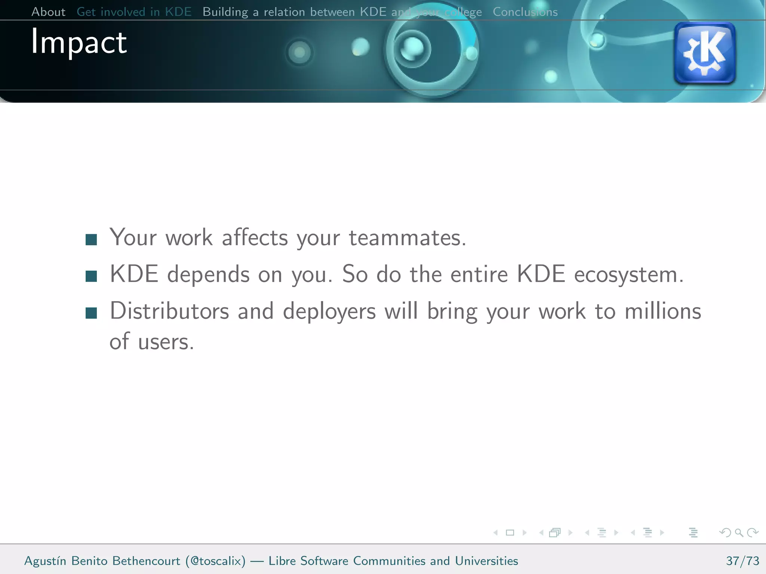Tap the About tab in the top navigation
pyautogui.click(x=48, y=12)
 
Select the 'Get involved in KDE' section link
pyautogui.click(x=134, y=12)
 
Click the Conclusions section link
pyautogui.click(x=525, y=12)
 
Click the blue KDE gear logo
pyautogui.click(x=704, y=53)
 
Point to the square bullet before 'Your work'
pyautogui.click(x=91, y=240)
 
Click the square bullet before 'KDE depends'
pyautogui.click(x=91, y=276)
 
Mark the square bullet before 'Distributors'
pyautogui.click(x=91, y=313)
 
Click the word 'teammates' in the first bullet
pyautogui.click(x=407, y=238)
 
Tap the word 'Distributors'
pyautogui.click(x=169, y=311)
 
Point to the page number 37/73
pyautogui.click(x=742, y=561)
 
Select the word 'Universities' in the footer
pyautogui.click(x=486, y=561)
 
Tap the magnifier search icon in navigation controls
pyautogui.click(x=739, y=533)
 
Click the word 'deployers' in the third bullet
pyautogui.click(x=329, y=312)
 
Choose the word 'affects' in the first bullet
pyautogui.click(x=255, y=238)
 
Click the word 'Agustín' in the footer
pyautogui.click(x=45, y=561)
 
